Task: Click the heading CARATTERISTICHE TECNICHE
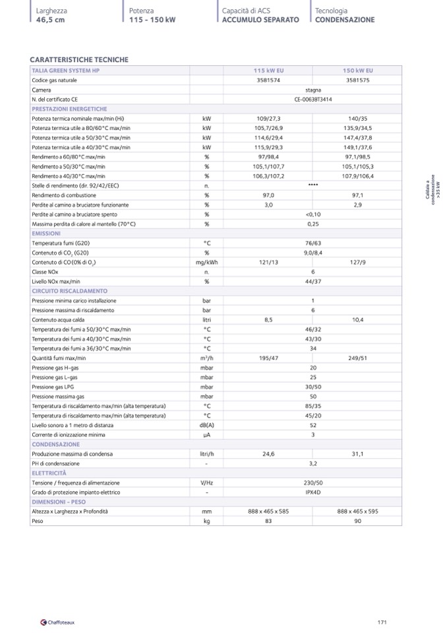coord(79,60)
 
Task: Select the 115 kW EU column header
coord(268,71)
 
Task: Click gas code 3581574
coord(268,80)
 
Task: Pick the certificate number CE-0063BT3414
coord(313,99)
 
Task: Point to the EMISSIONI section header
coord(46,234)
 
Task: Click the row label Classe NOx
coord(45,272)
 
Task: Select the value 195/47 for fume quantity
coord(268,358)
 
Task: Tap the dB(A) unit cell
coord(206,425)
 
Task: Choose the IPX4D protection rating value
coord(313,492)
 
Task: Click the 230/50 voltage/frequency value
coord(313,483)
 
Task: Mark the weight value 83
coord(268,521)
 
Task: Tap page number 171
coord(382,622)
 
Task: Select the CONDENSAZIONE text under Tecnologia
coord(344,20)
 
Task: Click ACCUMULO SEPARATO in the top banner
coord(260,20)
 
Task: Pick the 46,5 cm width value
coord(51,20)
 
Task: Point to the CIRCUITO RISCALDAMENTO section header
coord(69,291)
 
